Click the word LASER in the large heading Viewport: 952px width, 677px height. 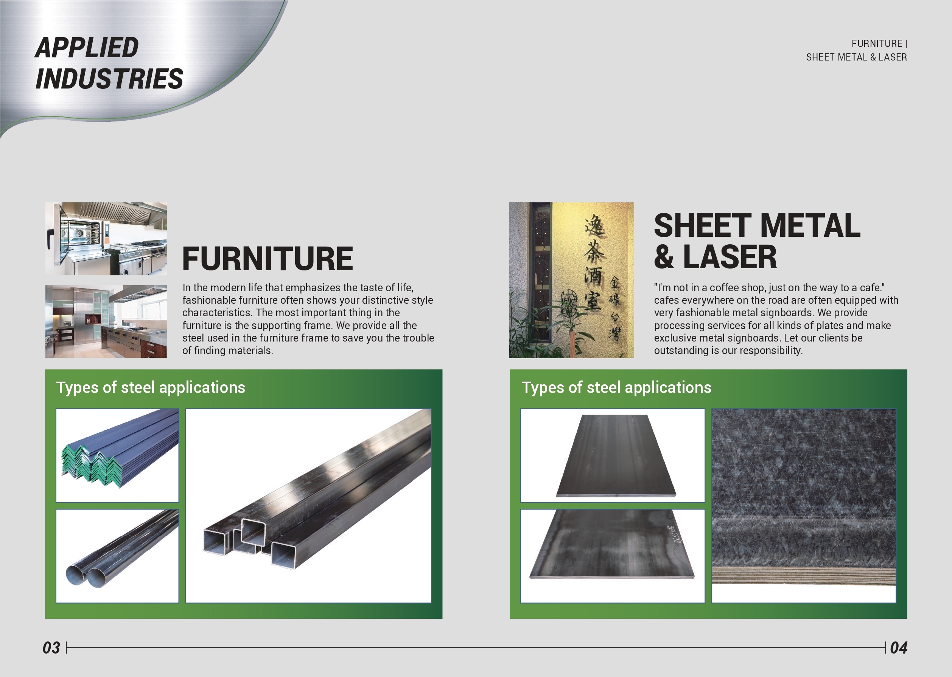coord(730,257)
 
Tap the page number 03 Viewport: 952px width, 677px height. coord(51,648)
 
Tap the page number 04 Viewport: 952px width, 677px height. coord(899,648)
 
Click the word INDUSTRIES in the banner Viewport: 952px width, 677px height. coord(109,79)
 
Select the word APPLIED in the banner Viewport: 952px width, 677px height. coord(87,47)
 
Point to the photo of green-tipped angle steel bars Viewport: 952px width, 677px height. coord(117,455)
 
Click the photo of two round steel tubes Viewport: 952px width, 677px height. coord(117,556)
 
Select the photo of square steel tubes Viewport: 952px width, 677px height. coord(308,506)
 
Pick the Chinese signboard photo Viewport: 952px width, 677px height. coord(571,280)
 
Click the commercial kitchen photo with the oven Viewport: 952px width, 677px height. coord(106,239)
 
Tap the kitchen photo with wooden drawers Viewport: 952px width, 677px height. coord(106,321)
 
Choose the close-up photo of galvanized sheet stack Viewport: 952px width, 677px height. coord(804,506)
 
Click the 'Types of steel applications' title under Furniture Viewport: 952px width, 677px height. coord(151,388)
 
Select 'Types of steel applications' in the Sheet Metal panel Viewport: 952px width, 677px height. coord(616,388)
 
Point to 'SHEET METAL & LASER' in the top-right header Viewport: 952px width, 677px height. coord(857,57)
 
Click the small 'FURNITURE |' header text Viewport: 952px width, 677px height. coord(879,44)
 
